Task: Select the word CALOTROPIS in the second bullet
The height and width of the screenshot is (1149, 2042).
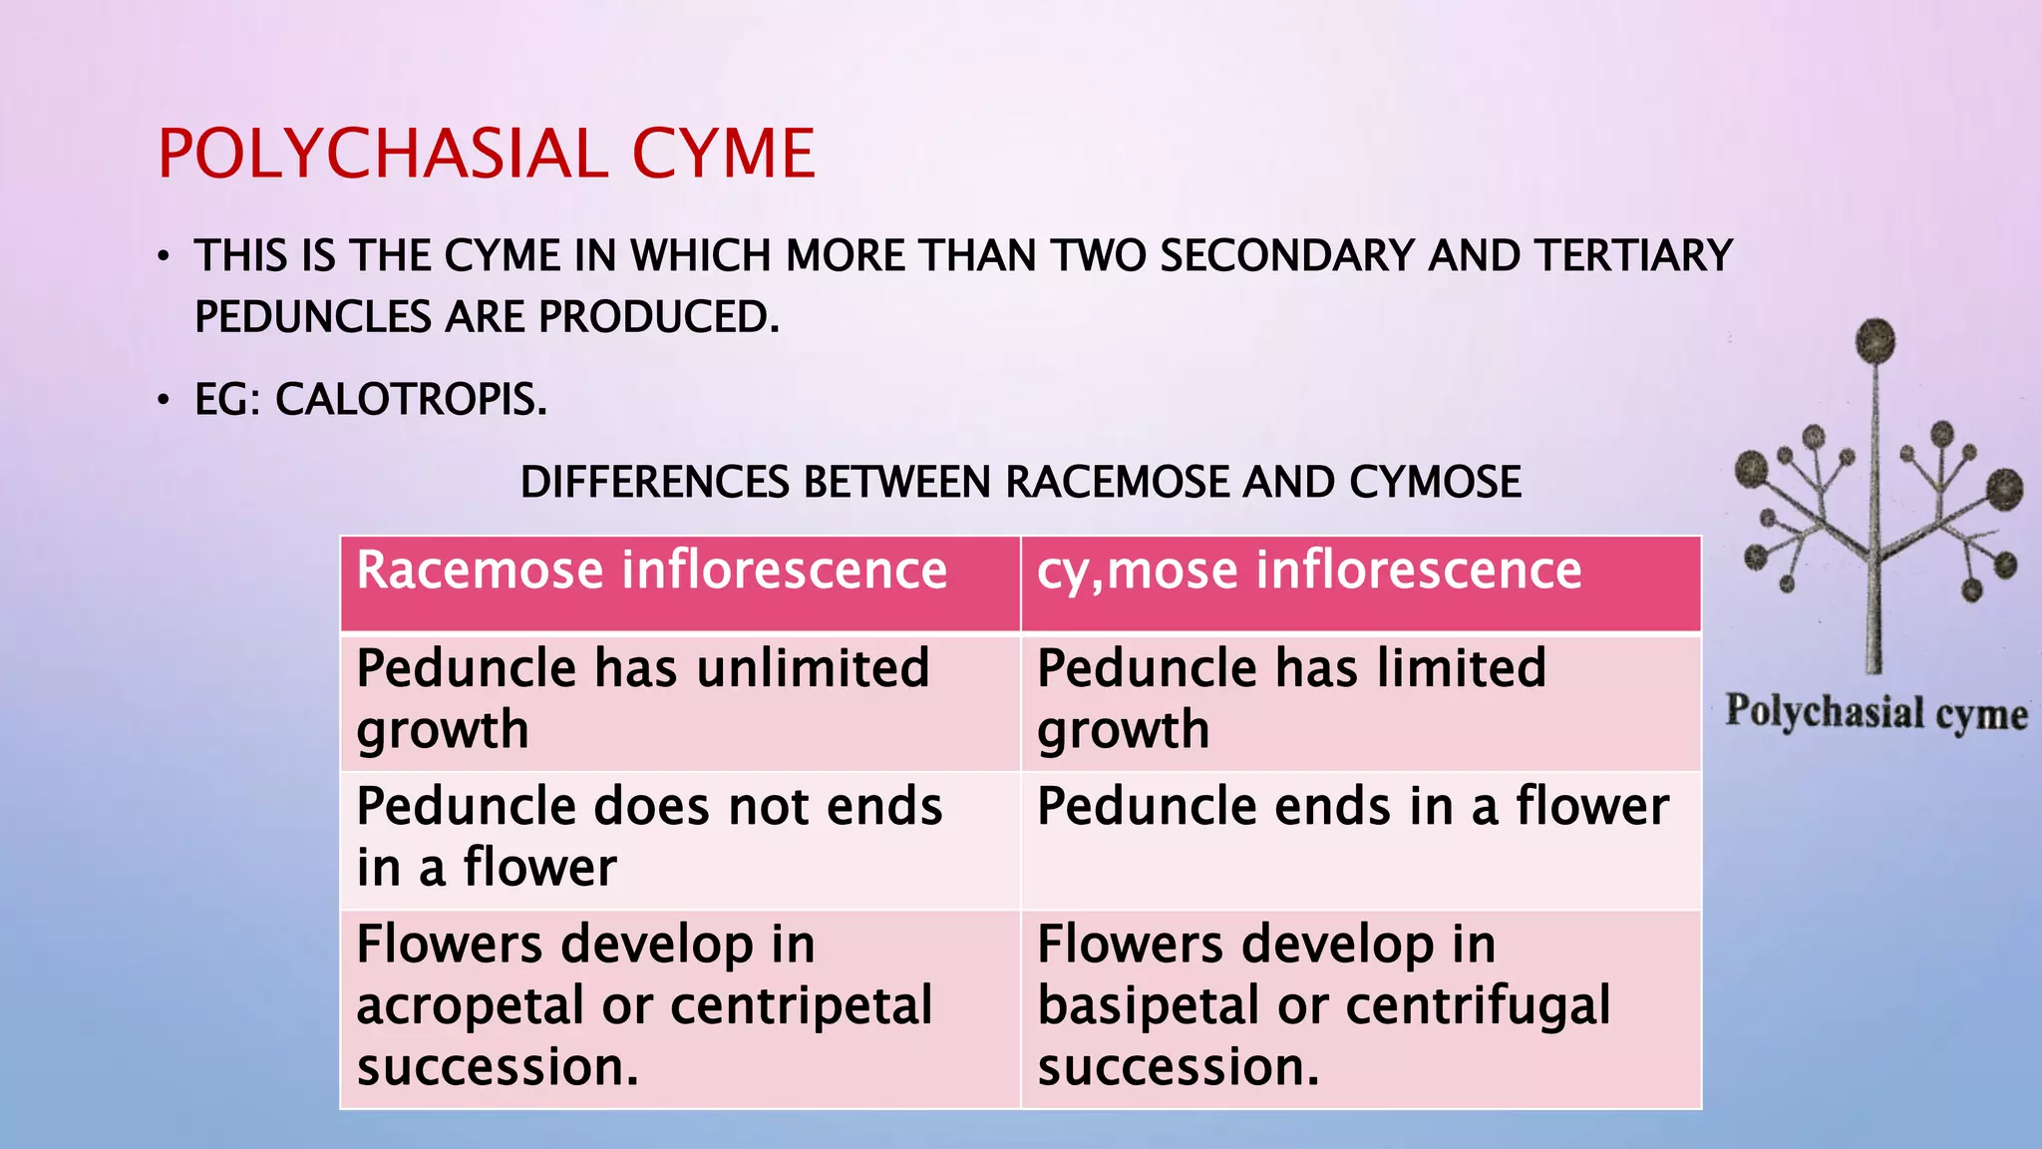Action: click(x=411, y=400)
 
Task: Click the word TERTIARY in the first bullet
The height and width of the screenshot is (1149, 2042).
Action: click(x=1633, y=255)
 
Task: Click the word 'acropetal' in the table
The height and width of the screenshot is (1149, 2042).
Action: click(x=471, y=1005)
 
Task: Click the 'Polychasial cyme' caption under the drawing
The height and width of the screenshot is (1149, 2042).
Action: click(x=1876, y=713)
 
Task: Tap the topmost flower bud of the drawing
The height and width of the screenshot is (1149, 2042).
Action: click(x=1875, y=341)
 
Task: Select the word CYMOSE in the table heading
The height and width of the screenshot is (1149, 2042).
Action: click(x=1435, y=483)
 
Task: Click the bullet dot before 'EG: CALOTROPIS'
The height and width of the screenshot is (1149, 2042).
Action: click(x=164, y=401)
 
